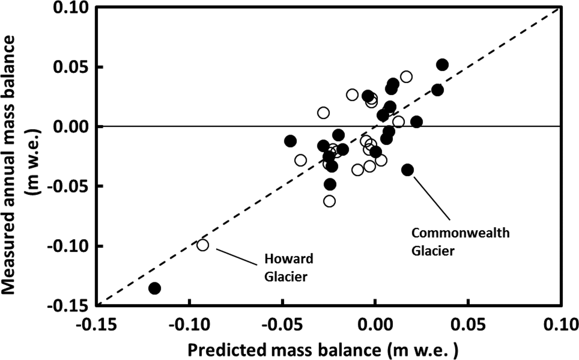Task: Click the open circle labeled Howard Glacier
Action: point(202,245)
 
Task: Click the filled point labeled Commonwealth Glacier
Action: point(408,170)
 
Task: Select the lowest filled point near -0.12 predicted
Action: point(155,288)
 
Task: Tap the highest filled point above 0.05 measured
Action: point(442,65)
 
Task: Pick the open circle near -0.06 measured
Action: point(329,201)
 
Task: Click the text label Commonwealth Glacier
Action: point(460,242)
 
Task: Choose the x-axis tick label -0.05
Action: point(282,323)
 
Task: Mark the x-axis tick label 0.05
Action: point(468,323)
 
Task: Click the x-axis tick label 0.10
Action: point(559,323)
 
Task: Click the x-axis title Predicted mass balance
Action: point(323,350)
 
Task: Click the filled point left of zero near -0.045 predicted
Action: point(290,141)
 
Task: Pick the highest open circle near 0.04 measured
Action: point(406,77)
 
